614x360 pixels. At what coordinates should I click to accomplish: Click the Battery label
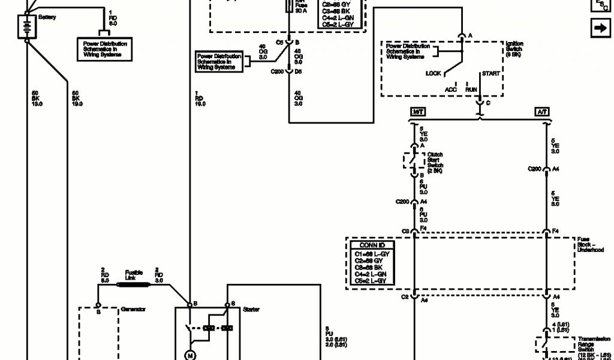47,17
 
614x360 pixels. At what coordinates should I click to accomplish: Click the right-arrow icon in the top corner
600,28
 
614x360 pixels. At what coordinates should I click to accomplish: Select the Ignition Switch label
514,49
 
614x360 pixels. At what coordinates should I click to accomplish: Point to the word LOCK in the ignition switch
434,73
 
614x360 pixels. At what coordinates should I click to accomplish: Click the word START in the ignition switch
491,74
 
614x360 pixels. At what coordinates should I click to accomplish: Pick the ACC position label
450,89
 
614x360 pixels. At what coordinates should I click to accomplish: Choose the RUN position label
471,89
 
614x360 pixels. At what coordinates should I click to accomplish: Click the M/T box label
418,112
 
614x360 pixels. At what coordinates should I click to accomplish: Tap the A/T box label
543,112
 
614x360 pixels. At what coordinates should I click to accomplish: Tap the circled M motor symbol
191,355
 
